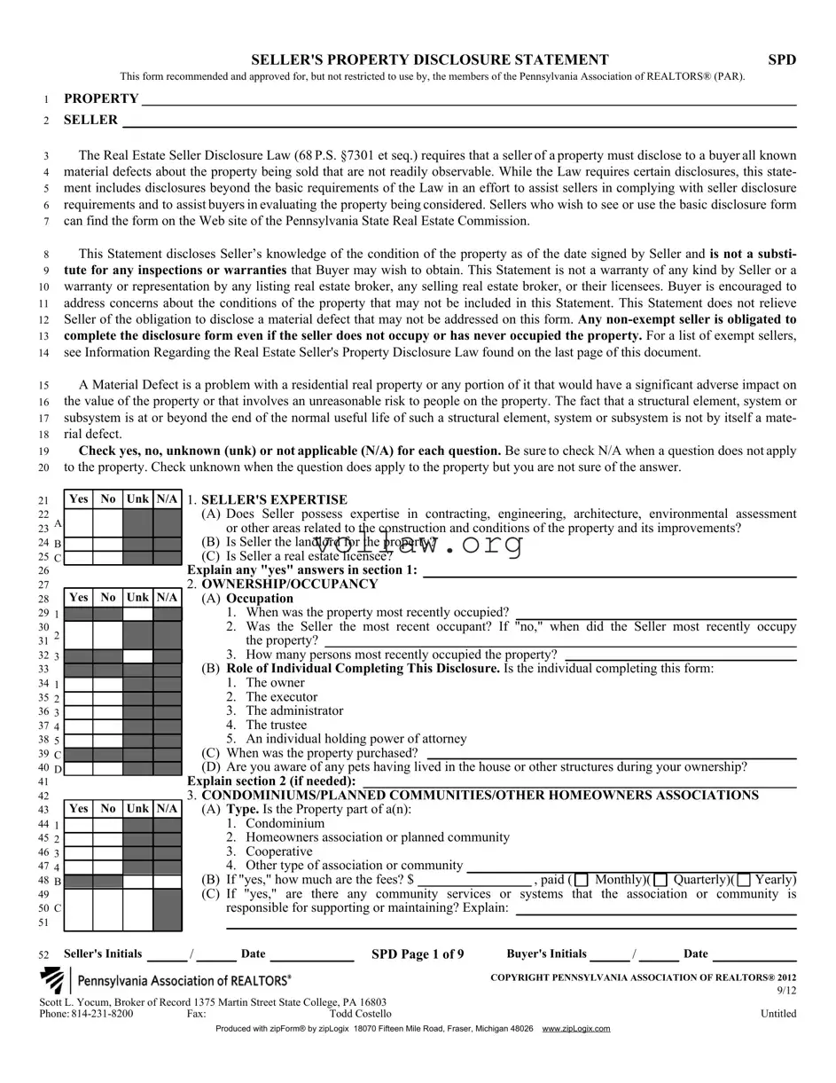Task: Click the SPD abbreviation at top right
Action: (781, 60)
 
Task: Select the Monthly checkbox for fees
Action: (582, 880)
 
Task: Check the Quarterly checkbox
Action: (660, 880)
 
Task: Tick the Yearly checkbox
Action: (743, 880)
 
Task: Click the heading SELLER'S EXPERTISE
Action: (274, 500)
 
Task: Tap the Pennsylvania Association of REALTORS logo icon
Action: (53, 980)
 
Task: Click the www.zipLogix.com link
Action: (576, 1029)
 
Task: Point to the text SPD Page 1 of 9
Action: (417, 954)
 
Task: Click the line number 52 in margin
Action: (43, 955)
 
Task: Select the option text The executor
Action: (281, 697)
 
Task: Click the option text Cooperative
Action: (278, 851)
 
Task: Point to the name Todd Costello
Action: (360, 1014)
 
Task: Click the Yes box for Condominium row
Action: (79, 825)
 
